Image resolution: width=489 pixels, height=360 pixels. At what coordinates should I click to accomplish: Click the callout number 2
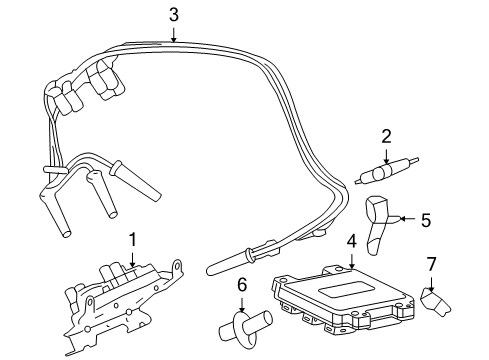pos(386,135)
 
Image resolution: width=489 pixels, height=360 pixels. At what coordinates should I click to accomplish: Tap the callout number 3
pos(174,14)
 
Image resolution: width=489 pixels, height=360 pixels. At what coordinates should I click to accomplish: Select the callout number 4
pos(351,241)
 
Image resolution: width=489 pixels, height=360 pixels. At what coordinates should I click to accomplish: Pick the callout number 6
pos(241,286)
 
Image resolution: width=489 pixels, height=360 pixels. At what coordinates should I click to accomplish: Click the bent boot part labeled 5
pos(378,225)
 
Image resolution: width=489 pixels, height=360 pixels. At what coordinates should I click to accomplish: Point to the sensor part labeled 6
pos(243,327)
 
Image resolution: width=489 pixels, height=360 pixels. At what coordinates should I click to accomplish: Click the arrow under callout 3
pos(174,33)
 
